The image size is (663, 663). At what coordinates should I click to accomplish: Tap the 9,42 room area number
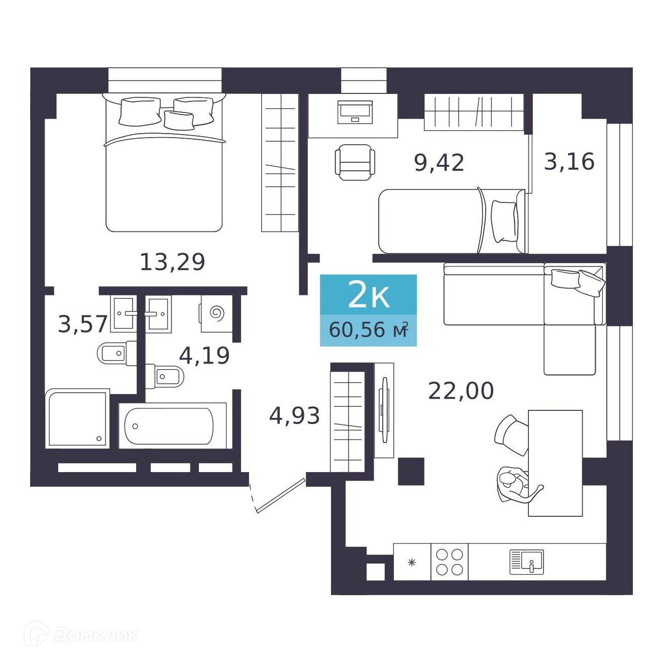point(439,162)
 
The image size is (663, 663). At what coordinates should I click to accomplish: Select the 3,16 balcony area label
point(569,161)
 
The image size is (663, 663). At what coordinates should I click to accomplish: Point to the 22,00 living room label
point(461,390)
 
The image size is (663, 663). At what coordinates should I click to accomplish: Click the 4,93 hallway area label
point(294,415)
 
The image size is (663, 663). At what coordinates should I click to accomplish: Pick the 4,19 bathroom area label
point(204,356)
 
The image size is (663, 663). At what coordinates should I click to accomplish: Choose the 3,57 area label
point(83,324)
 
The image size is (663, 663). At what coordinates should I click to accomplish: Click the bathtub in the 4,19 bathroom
point(169,426)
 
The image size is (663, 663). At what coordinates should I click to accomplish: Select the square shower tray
point(77,418)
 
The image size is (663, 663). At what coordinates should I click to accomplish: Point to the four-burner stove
point(450,562)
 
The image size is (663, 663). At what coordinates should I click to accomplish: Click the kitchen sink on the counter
point(526,562)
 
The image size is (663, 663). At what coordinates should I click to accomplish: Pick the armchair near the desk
point(355,162)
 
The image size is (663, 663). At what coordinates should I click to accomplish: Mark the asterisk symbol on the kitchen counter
point(411,563)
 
